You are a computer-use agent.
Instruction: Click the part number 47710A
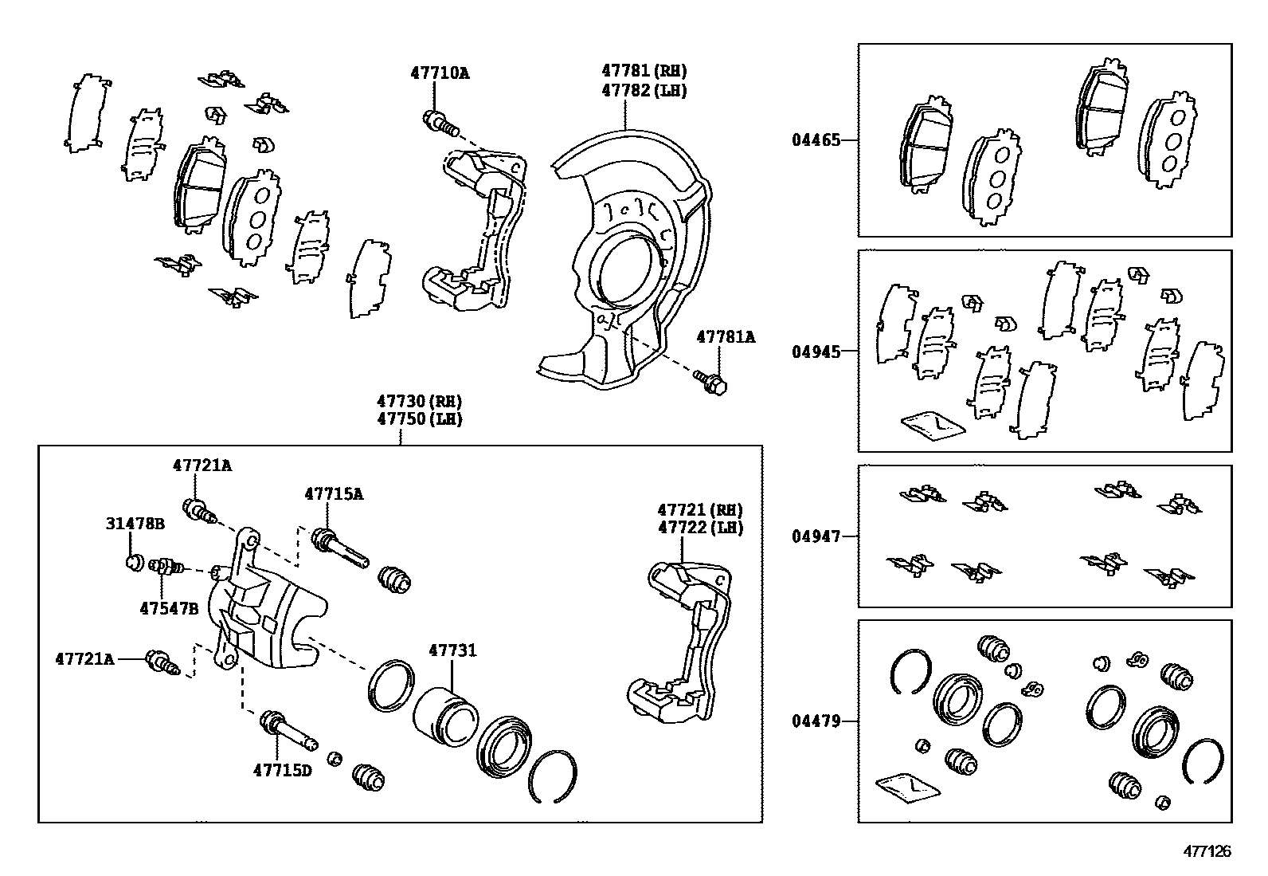(440, 73)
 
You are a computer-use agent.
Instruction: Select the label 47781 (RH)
(644, 71)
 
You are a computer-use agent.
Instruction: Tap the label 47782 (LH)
(644, 90)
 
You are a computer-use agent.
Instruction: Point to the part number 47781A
(725, 337)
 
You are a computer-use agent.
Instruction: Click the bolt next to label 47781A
(710, 381)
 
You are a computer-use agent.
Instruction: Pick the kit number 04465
(816, 140)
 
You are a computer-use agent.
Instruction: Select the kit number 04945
(816, 352)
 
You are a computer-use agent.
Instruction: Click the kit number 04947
(816, 536)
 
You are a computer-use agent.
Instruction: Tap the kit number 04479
(816, 721)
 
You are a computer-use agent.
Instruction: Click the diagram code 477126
(1207, 851)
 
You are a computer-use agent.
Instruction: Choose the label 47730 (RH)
(420, 401)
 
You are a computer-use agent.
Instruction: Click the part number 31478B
(135, 524)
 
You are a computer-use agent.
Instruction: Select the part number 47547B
(168, 608)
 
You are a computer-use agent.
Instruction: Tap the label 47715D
(283, 770)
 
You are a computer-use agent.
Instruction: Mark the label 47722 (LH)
(699, 528)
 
